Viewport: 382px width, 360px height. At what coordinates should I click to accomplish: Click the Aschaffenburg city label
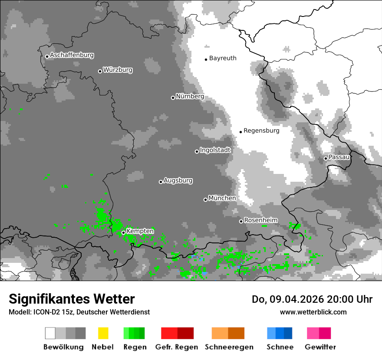point(72,55)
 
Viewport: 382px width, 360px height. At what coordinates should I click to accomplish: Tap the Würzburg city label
point(118,70)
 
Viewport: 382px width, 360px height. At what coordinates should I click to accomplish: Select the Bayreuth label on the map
point(223,58)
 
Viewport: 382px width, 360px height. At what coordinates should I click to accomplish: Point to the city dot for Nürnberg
point(173,98)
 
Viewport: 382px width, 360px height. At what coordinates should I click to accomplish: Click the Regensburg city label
point(261,131)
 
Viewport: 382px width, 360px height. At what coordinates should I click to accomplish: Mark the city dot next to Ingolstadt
point(197,151)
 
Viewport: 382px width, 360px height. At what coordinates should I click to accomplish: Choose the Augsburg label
point(178,180)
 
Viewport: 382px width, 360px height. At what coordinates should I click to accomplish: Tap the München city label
point(222,198)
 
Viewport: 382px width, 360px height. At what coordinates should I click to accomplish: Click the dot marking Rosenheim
point(241,221)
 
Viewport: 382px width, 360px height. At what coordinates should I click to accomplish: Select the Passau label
point(339,157)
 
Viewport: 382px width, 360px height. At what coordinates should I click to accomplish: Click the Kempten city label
point(140,231)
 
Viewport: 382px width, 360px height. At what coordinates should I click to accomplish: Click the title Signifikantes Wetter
point(72,299)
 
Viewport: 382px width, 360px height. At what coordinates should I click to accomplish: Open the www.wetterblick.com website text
point(313,312)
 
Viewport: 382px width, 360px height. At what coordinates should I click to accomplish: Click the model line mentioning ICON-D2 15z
point(79,312)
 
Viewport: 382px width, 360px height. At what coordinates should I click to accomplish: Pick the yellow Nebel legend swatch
point(103,333)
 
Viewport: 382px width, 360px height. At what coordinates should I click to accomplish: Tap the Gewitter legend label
point(320,347)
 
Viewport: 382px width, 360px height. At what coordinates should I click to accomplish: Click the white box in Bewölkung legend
point(50,333)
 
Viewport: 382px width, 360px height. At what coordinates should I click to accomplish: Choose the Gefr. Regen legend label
point(177,347)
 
